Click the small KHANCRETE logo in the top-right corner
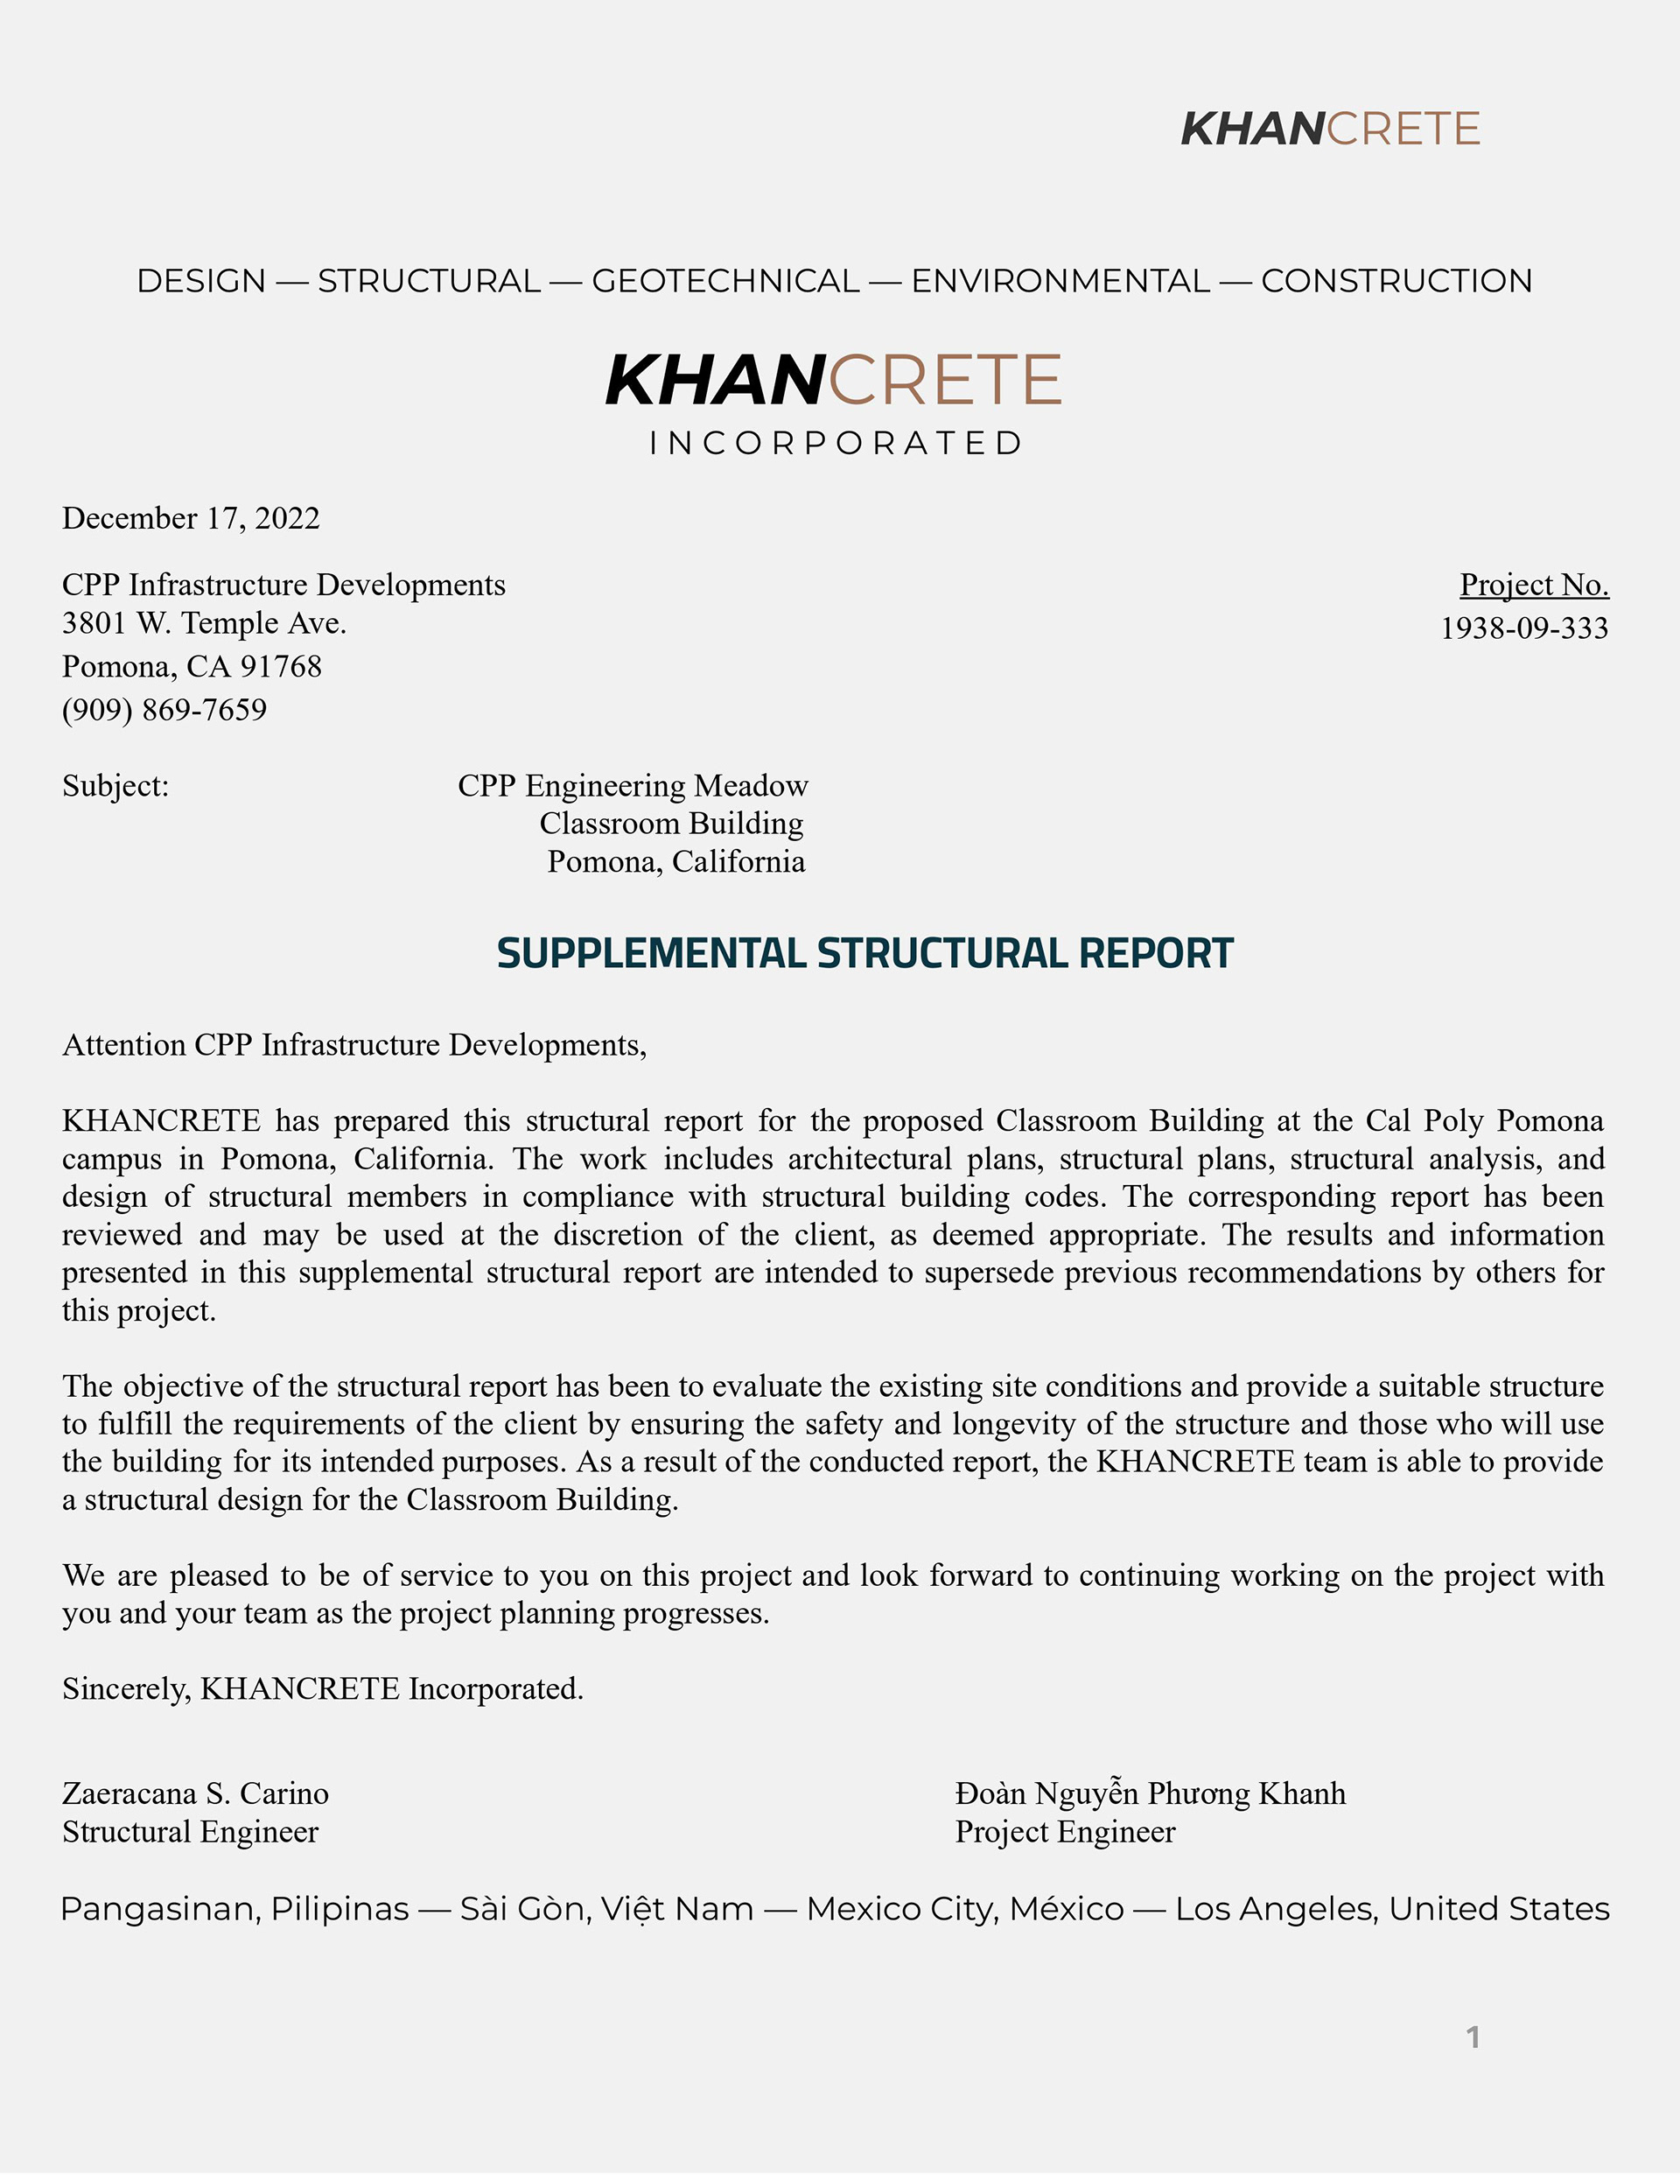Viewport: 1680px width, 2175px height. (x=1329, y=129)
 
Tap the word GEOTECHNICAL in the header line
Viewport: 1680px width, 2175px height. (x=725, y=281)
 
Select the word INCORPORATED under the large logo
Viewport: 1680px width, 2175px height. (x=835, y=443)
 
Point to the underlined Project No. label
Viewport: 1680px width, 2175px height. (x=1534, y=585)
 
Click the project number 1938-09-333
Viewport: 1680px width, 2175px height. (x=1523, y=628)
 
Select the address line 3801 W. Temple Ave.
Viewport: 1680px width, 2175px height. (x=204, y=623)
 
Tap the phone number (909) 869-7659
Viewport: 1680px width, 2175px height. (x=164, y=710)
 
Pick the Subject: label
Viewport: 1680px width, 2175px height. (x=115, y=786)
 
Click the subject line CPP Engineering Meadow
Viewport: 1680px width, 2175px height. (x=633, y=786)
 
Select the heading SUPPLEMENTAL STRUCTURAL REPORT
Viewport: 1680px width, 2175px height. (x=864, y=953)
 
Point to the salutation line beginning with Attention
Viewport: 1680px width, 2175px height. (x=354, y=1045)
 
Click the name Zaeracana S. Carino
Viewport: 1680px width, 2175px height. (x=195, y=1793)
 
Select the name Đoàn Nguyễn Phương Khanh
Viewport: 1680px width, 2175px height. (x=1151, y=1793)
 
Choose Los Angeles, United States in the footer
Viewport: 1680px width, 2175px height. (x=1392, y=1909)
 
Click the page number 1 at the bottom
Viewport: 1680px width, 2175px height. (x=1473, y=2038)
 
